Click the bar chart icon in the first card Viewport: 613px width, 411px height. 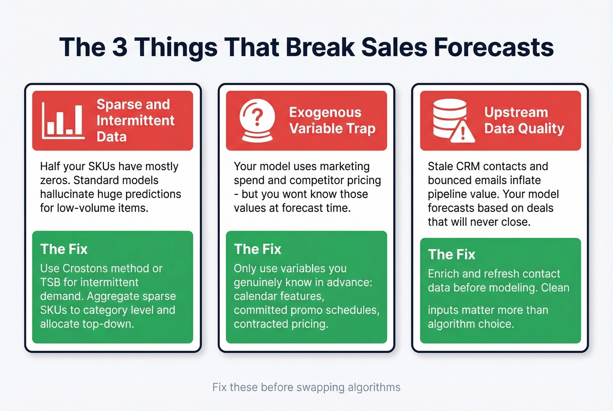point(63,121)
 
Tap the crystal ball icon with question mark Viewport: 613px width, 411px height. point(257,121)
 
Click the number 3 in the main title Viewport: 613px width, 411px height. point(120,47)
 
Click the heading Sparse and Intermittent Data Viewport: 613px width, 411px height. point(135,120)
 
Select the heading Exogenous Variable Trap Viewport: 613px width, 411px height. point(332,120)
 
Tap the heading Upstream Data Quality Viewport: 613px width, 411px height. point(524,120)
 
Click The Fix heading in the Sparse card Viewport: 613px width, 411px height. point(64,249)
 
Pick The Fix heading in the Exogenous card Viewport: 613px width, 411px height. point(257,249)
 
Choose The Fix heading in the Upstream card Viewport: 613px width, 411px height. point(451,254)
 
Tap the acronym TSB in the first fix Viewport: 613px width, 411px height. point(50,282)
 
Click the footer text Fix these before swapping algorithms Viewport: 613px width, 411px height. point(306,387)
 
